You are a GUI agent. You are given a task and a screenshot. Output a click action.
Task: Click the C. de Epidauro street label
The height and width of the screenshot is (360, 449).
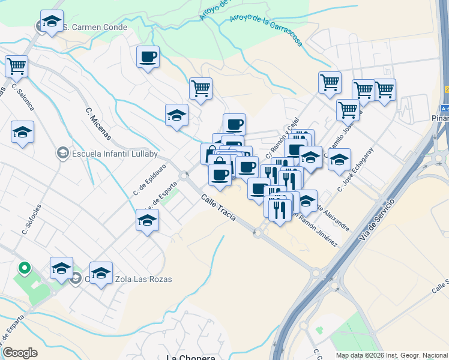pyautogui.click(x=149, y=180)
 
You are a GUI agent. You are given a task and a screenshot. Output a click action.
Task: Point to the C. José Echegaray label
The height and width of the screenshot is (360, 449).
pyautogui.click(x=355, y=170)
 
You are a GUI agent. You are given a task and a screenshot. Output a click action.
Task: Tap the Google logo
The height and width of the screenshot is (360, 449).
pyautogui.click(x=19, y=353)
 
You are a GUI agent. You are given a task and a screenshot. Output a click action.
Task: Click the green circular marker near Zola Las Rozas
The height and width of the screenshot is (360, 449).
pyautogui.click(x=25, y=268)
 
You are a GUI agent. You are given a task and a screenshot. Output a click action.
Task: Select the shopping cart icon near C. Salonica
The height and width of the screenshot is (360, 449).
pyautogui.click(x=17, y=65)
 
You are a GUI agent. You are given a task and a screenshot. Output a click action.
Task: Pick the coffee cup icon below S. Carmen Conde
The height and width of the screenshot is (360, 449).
pyautogui.click(x=148, y=56)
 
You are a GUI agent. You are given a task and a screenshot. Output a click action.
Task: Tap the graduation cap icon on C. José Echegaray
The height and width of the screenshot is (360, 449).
pyautogui.click(x=339, y=160)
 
